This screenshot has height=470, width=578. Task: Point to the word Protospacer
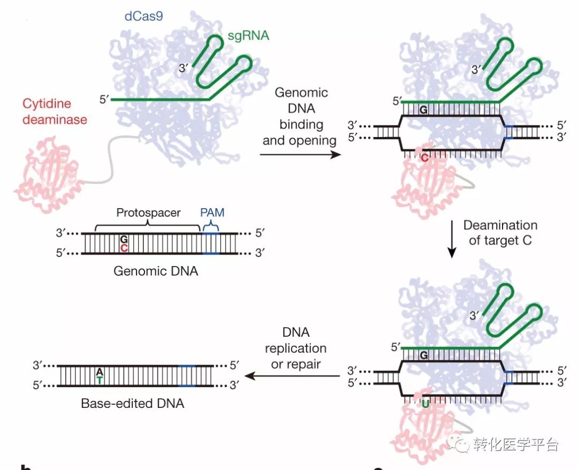click(149, 213)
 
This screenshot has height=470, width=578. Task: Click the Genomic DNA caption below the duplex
click(156, 271)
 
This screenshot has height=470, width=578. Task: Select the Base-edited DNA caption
click(132, 403)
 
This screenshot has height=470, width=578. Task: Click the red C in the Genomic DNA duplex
click(124, 248)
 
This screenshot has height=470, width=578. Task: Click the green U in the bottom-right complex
click(425, 403)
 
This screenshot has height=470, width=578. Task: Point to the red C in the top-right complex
click(424, 158)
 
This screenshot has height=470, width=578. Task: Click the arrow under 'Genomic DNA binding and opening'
click(300, 155)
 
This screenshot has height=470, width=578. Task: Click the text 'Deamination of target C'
click(500, 232)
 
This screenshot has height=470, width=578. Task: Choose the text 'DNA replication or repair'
click(295, 348)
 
